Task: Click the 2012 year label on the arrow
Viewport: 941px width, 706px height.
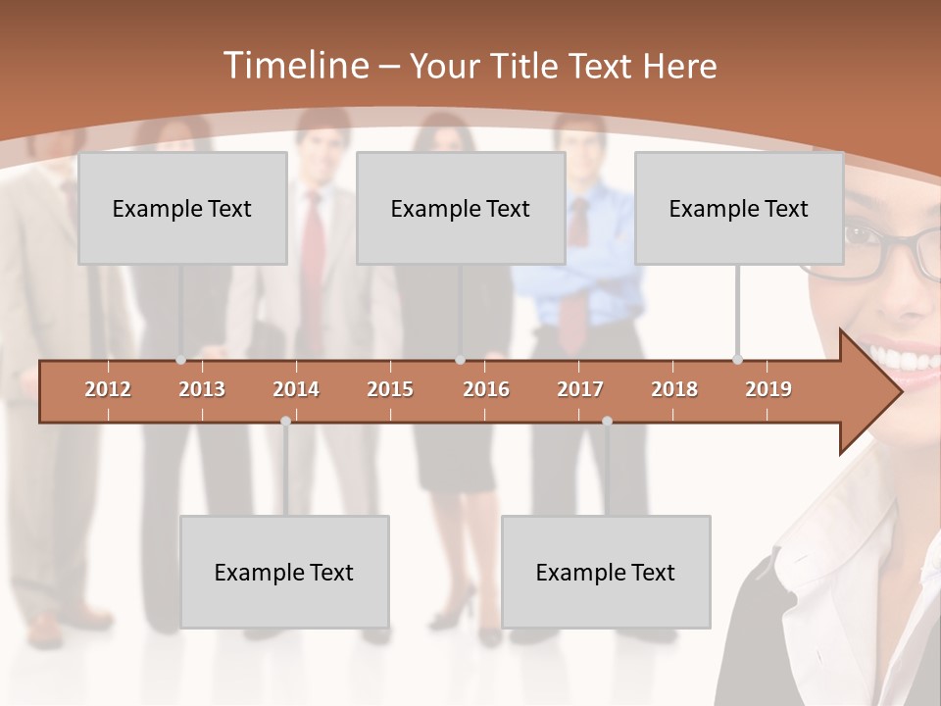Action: (x=108, y=389)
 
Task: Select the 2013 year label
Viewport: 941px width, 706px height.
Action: (x=202, y=389)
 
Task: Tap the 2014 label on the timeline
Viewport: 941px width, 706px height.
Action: (x=296, y=389)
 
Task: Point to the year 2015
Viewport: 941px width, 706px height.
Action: (x=390, y=389)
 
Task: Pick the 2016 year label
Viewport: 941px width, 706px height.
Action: (x=486, y=389)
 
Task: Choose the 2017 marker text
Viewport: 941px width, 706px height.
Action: (x=580, y=389)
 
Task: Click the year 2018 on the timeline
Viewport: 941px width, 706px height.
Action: (x=674, y=389)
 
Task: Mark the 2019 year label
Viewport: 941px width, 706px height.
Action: (x=768, y=389)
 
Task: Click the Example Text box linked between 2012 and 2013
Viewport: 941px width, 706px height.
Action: (x=182, y=208)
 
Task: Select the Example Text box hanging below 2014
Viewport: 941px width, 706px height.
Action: (x=284, y=572)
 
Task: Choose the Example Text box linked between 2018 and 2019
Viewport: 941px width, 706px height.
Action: (x=739, y=208)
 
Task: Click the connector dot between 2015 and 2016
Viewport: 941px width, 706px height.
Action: (x=461, y=360)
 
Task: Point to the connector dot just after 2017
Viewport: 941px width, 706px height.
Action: (x=607, y=422)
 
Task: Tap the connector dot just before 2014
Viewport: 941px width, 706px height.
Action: (x=285, y=422)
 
